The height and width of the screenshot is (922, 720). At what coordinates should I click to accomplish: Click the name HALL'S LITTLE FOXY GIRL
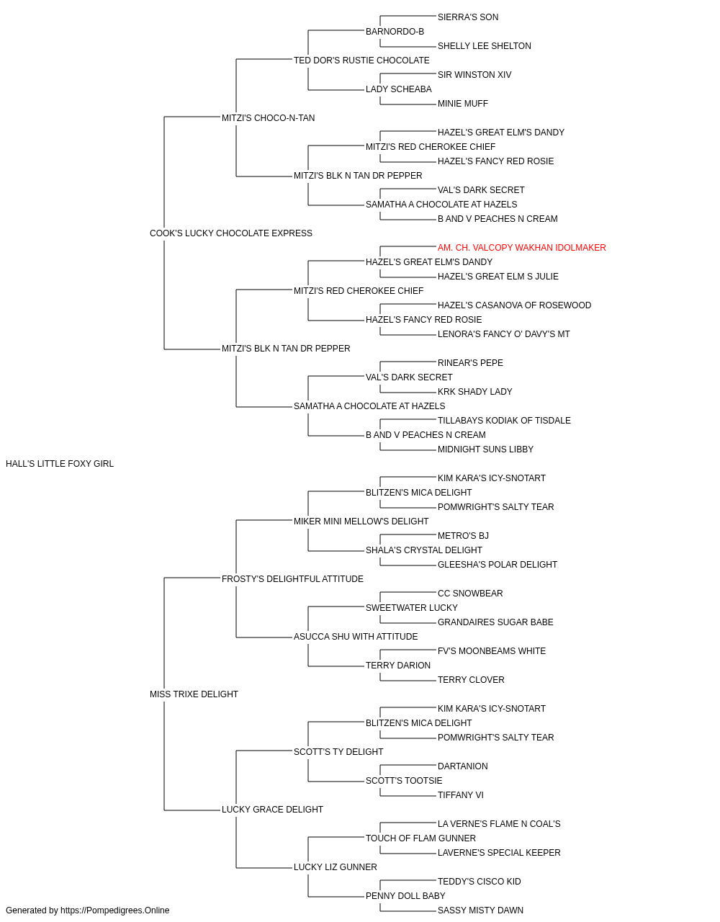click(x=60, y=464)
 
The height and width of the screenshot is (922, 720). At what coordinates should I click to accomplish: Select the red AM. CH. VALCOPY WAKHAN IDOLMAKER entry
click(x=521, y=247)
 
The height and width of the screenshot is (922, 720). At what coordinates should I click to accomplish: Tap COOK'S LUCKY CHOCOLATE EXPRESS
click(x=230, y=233)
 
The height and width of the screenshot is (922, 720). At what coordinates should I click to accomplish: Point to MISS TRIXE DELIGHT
click(x=194, y=694)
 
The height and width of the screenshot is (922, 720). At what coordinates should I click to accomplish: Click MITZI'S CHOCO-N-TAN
click(x=268, y=118)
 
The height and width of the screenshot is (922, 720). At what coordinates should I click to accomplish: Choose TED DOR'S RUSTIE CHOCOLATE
click(x=361, y=61)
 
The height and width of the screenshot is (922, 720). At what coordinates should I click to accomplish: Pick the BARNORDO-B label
click(x=395, y=32)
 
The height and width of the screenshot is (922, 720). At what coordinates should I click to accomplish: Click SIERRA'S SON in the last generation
click(x=468, y=17)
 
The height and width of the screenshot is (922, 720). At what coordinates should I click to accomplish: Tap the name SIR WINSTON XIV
click(x=474, y=75)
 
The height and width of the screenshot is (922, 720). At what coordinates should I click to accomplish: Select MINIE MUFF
click(x=463, y=104)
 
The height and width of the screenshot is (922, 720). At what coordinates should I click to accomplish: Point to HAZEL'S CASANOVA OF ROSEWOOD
click(x=514, y=305)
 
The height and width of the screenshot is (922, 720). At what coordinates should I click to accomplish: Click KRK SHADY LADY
click(x=475, y=392)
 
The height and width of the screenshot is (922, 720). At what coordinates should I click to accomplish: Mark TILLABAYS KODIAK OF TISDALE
click(x=504, y=421)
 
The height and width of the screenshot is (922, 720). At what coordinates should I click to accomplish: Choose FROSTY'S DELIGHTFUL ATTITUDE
click(x=292, y=578)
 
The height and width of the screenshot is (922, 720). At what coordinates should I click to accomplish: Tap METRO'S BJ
click(x=463, y=535)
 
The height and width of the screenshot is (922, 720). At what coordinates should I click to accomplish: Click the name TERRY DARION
click(x=397, y=666)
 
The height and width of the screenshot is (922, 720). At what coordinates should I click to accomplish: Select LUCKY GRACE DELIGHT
click(x=272, y=810)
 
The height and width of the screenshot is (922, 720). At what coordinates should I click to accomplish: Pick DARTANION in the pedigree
click(x=463, y=766)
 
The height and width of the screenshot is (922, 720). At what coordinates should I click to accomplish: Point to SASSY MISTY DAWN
click(x=480, y=910)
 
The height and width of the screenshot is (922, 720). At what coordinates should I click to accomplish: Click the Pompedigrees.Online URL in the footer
click(x=115, y=910)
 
